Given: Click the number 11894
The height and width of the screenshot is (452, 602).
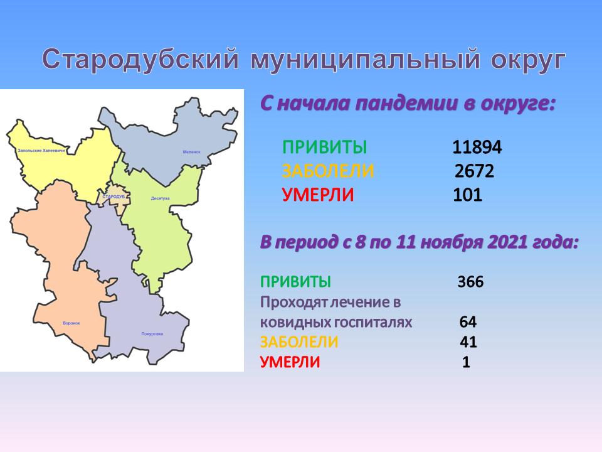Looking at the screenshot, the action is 477,147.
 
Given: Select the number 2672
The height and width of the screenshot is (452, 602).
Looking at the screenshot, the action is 474,171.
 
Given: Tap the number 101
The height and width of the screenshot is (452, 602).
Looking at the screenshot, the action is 467,195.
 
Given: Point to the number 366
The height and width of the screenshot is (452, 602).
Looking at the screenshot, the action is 470,282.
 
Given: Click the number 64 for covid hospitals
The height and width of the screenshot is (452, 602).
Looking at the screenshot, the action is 468,321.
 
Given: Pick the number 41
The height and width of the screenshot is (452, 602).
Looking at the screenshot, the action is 468,342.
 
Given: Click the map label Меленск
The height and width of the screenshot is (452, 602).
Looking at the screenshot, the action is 192,152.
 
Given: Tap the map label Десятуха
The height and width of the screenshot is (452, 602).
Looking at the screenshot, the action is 160,198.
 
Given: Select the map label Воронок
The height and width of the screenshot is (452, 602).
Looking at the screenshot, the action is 71,323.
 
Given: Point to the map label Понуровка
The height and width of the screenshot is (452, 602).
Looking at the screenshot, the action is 152,333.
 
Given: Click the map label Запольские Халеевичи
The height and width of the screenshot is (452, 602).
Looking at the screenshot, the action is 41,151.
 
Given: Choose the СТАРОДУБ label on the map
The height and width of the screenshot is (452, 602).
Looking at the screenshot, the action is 114,196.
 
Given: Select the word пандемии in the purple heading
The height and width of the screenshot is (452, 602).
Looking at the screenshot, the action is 406,103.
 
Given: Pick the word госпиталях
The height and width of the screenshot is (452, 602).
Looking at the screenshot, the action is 372,322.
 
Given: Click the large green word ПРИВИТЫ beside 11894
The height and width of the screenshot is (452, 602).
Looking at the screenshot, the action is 325,147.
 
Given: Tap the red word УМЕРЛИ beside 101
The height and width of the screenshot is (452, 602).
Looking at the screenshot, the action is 318,195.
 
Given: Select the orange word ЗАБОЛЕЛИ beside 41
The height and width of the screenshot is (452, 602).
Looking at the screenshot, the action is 299,342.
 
